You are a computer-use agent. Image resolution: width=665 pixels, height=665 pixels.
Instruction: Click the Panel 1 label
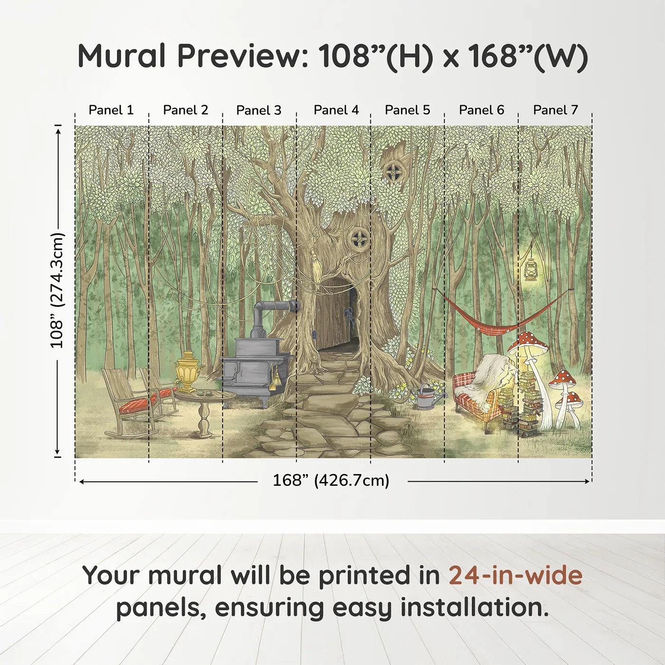pyautogui.click(x=111, y=110)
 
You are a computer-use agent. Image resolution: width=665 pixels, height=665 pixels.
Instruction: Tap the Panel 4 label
pyautogui.click(x=336, y=110)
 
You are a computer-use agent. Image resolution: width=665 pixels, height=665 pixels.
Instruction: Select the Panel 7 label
pyautogui.click(x=555, y=110)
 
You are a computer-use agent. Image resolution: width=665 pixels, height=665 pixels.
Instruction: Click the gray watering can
pyautogui.click(x=427, y=398)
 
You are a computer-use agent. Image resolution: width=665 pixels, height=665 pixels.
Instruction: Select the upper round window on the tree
pyautogui.click(x=393, y=171)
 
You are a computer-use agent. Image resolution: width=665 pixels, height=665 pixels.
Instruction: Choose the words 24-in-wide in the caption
pyautogui.click(x=515, y=576)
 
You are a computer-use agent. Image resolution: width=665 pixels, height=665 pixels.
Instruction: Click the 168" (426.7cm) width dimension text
pyautogui.click(x=331, y=481)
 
